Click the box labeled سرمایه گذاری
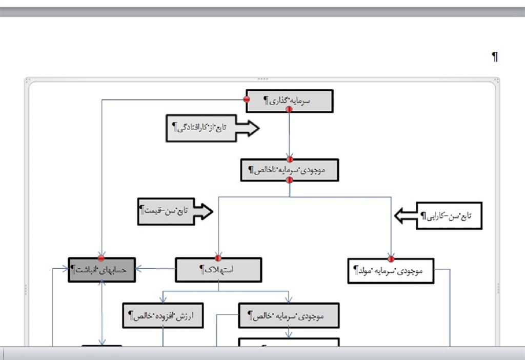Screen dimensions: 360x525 point(290,101)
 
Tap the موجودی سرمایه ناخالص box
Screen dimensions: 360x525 point(290,170)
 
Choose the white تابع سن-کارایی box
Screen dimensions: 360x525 point(449,216)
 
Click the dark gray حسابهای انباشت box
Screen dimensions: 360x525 point(102,270)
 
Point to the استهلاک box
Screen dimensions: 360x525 point(218,270)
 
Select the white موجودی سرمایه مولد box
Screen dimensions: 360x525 point(391,271)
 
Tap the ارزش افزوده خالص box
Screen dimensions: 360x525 point(163,315)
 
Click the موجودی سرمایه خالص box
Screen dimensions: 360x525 point(289,315)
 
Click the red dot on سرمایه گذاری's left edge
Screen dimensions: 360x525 point(247,99)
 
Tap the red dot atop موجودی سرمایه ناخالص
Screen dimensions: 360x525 point(290,159)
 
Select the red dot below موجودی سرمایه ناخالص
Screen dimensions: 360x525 point(290,180)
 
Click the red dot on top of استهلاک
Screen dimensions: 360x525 point(218,258)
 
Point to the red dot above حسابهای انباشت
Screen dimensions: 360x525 point(102,258)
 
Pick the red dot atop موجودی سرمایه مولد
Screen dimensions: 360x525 point(391,258)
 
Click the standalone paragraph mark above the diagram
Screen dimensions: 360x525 point(495,57)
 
